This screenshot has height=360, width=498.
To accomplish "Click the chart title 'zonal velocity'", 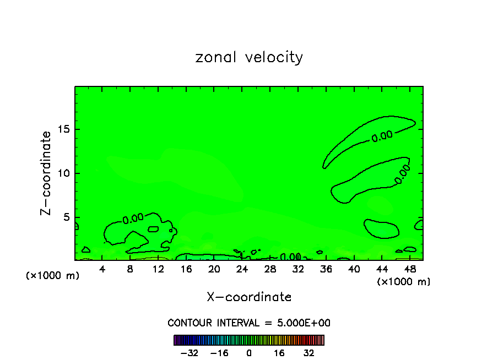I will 249,57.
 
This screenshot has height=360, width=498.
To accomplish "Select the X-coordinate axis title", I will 249,297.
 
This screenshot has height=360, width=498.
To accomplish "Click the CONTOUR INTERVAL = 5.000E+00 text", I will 249,323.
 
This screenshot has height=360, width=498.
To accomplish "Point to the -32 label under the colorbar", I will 190,353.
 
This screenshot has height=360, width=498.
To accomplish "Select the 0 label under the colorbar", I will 249,353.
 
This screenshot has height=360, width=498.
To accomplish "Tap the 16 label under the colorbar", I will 279,353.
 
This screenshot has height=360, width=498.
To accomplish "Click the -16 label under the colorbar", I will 219,353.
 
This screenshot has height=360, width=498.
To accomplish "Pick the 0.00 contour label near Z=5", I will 133,219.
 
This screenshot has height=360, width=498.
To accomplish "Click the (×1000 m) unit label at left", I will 53,276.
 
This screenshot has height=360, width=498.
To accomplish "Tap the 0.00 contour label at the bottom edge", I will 290,257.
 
